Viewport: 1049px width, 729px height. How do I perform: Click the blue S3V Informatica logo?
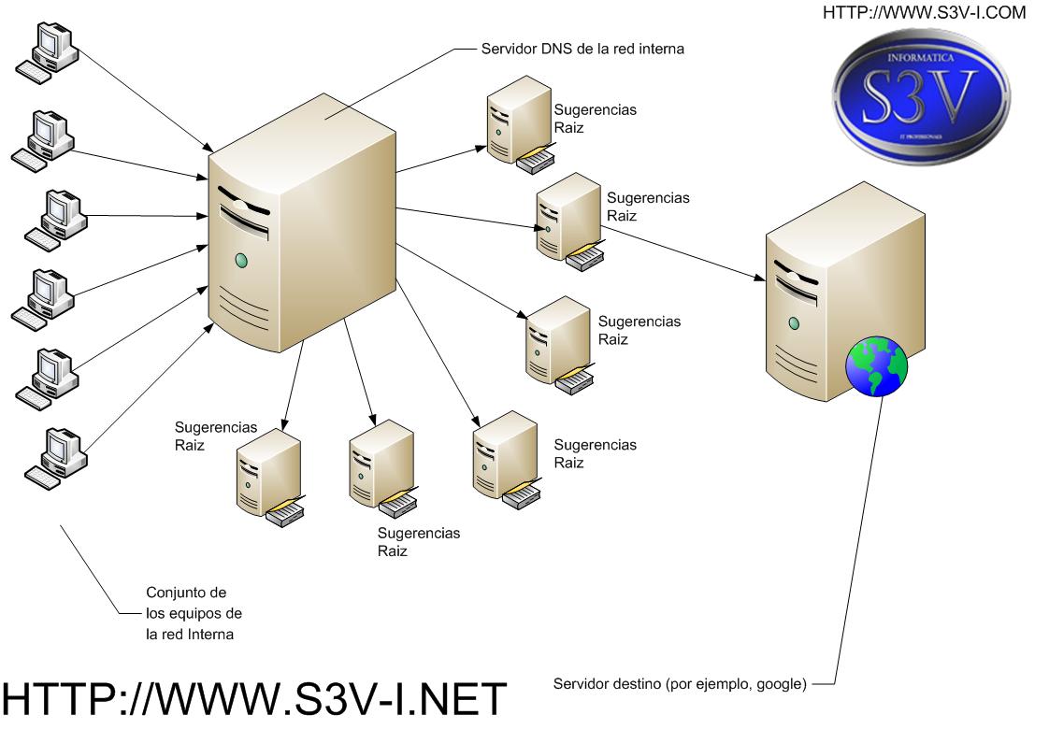(x=921, y=96)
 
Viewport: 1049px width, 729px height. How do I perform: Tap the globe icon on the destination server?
(x=876, y=365)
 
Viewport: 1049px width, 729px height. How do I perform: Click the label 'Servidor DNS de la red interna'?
(x=582, y=49)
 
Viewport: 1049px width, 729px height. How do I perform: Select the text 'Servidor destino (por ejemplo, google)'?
(x=680, y=683)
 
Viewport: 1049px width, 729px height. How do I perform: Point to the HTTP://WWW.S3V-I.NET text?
(x=254, y=699)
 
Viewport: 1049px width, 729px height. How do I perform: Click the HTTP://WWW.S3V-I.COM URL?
(x=924, y=13)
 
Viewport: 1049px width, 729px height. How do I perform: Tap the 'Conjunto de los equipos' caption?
(x=194, y=613)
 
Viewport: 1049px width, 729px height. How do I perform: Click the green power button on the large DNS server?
(x=241, y=260)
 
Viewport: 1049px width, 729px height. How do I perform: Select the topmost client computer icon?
(x=47, y=53)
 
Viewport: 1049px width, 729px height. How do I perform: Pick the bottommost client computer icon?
(x=56, y=458)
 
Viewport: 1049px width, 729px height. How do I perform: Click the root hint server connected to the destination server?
(x=569, y=222)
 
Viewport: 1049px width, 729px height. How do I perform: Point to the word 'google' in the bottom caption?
(x=780, y=684)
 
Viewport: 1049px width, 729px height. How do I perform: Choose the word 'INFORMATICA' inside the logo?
(x=921, y=58)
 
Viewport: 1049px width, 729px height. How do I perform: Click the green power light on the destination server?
(x=794, y=323)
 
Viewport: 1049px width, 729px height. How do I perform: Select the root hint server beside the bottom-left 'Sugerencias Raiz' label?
(x=270, y=478)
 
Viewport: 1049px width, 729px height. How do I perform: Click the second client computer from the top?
(x=43, y=141)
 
